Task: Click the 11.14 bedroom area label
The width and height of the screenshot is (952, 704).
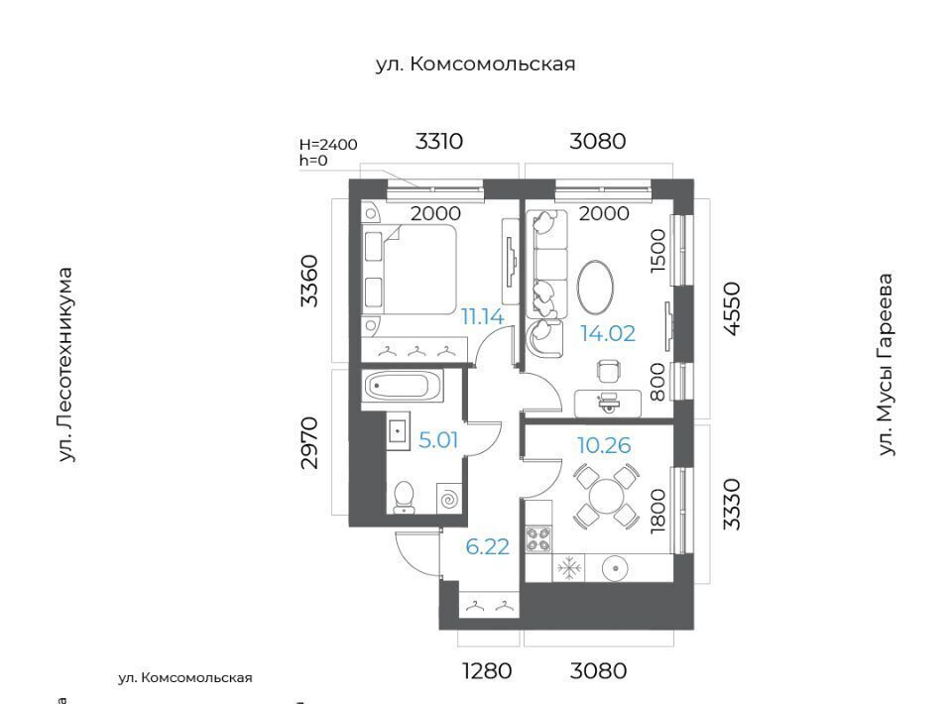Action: point(482,317)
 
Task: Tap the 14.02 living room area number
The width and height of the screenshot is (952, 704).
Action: point(607,334)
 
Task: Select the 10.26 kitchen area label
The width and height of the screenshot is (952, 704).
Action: point(604,445)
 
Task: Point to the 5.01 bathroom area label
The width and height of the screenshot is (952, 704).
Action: point(437,440)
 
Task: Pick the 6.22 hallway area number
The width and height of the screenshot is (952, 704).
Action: point(487,546)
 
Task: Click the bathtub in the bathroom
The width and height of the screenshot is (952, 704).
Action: point(403,387)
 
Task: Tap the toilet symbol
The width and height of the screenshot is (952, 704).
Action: point(404,497)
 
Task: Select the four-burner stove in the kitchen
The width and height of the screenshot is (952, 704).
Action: point(538,539)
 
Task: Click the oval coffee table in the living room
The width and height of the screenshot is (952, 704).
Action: point(595,286)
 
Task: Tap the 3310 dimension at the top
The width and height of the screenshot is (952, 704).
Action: point(439,142)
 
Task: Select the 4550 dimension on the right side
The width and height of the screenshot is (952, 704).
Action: point(733,308)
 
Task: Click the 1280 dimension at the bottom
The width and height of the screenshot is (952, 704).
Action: point(487,671)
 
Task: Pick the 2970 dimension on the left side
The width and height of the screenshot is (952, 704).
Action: point(309,442)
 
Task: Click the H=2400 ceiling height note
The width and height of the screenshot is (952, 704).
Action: point(328,145)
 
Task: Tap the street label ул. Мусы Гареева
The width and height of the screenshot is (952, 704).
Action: point(887,365)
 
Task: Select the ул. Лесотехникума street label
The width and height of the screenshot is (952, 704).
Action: point(65,365)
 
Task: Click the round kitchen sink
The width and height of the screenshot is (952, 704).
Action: point(616,569)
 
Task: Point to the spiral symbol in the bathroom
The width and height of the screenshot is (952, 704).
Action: point(449,499)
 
